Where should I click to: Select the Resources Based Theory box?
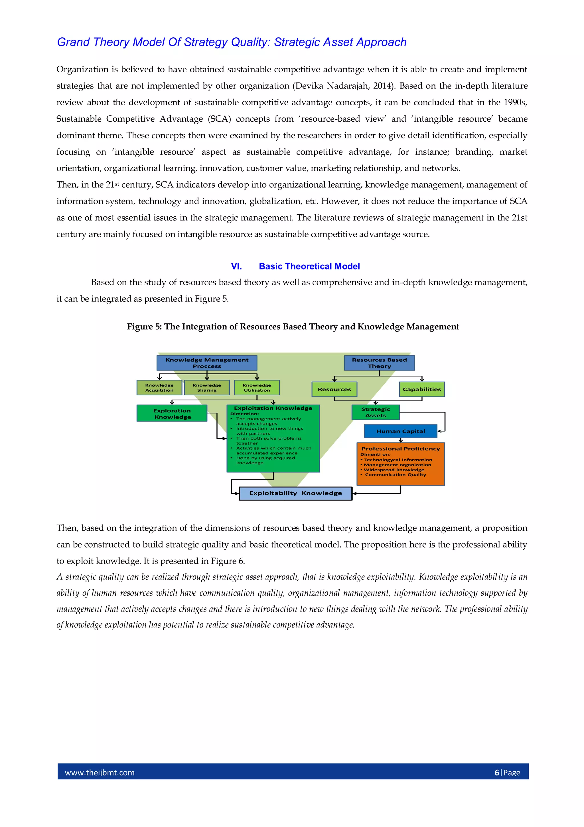coord(379,363)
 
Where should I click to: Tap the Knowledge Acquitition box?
coord(159,388)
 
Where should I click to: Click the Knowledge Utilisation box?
coord(257,388)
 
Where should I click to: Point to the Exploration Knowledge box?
coord(172,413)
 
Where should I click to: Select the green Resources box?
coord(334,389)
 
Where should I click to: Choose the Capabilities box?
coord(422,389)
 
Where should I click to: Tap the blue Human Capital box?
coord(400,431)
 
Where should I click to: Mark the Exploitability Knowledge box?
coord(295,493)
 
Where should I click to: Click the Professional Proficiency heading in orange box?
coord(400,449)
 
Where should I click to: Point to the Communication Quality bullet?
coord(395,475)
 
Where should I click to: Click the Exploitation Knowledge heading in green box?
coord(273,408)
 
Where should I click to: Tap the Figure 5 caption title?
coord(293,326)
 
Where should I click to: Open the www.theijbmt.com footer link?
coord(100,772)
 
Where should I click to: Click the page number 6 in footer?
coord(497,772)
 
